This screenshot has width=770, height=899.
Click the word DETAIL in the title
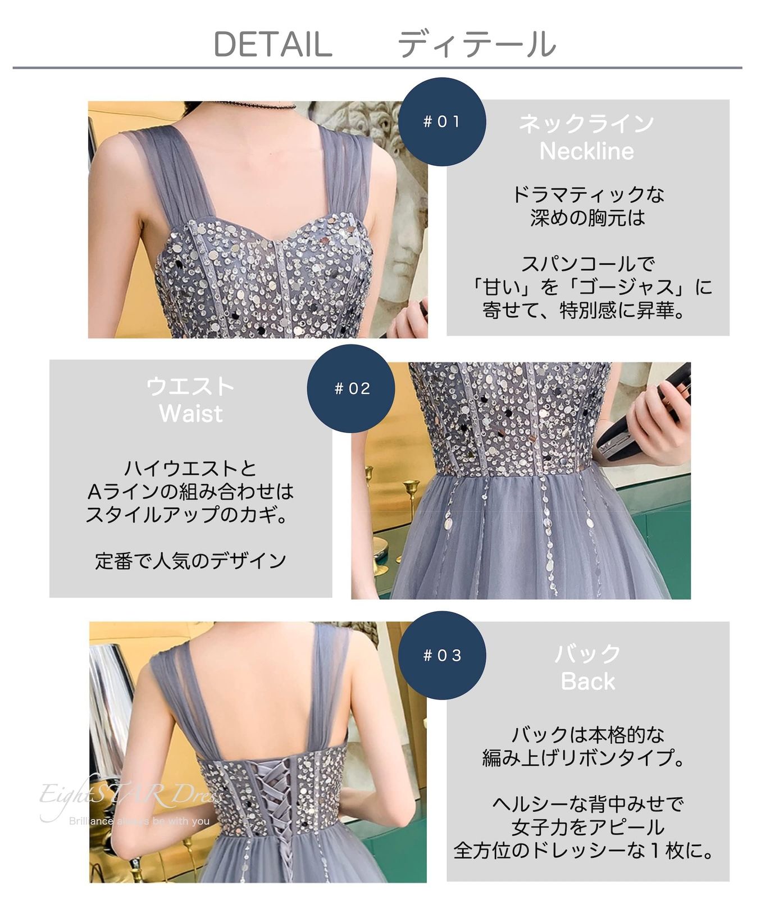[273, 44]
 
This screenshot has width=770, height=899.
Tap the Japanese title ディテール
[476, 44]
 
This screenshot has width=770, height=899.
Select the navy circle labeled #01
[441, 121]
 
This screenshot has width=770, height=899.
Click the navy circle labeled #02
[351, 388]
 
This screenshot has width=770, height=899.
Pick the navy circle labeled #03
[441, 655]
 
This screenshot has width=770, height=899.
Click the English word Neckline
[586, 151]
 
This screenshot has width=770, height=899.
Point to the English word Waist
[190, 414]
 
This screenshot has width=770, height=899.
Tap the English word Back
[587, 682]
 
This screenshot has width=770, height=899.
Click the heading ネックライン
[586, 124]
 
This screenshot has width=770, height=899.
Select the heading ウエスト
[190, 387]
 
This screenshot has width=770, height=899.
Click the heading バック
[587, 654]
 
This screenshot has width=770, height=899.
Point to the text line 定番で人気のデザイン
[190, 561]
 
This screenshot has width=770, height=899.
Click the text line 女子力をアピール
[587, 828]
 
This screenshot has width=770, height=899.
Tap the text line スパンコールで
[587, 264]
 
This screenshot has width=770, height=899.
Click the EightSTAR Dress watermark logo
[129, 798]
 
